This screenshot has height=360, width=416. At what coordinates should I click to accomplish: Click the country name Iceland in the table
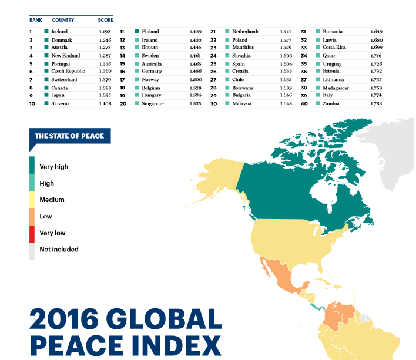point(59,31)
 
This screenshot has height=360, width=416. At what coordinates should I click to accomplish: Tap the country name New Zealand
point(65,55)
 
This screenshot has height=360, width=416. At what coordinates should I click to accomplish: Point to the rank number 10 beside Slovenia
point(32,103)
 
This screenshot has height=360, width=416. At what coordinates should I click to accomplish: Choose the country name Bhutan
point(150,47)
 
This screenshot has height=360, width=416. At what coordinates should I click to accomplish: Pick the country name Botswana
point(243,88)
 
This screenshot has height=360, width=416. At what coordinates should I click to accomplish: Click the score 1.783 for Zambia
point(377,103)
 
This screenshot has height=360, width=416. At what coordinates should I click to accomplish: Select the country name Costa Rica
point(334,47)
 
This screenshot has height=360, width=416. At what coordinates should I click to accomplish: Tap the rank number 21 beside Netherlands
point(213,31)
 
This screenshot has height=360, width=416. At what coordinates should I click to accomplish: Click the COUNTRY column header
point(62,19)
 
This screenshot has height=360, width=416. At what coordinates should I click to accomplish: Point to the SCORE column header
point(105,19)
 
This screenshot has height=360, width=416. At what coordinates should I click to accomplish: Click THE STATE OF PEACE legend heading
point(69,136)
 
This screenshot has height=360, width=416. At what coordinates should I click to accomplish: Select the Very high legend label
point(53,167)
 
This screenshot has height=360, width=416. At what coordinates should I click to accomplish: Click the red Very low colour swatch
point(32,233)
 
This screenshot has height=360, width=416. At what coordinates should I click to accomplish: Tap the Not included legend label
point(59,250)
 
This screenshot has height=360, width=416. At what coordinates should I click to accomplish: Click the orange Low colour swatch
point(32,216)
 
